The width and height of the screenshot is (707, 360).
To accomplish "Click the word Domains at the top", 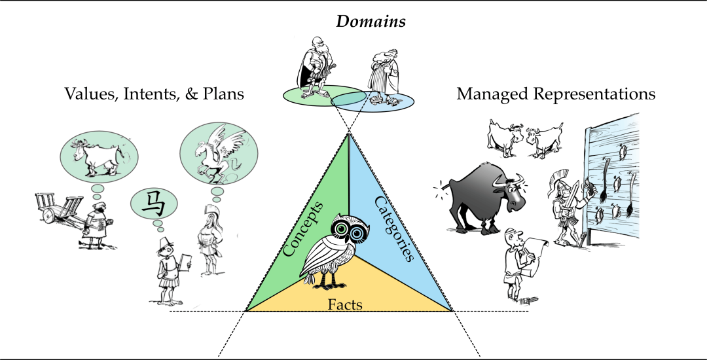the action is [x=371, y=22].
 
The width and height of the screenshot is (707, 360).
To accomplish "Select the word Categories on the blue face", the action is [x=395, y=228].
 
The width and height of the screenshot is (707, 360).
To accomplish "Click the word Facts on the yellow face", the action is [x=345, y=304].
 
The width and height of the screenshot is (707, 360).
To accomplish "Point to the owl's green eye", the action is [x=340, y=229].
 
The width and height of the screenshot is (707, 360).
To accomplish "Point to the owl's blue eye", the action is [x=357, y=233].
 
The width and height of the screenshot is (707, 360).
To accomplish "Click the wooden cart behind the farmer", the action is [x=60, y=208].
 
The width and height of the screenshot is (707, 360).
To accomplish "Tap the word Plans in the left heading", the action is [x=223, y=94].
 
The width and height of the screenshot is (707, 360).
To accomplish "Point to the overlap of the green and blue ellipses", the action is [x=348, y=98].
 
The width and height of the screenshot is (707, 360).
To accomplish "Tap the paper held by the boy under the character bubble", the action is [x=185, y=262].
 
